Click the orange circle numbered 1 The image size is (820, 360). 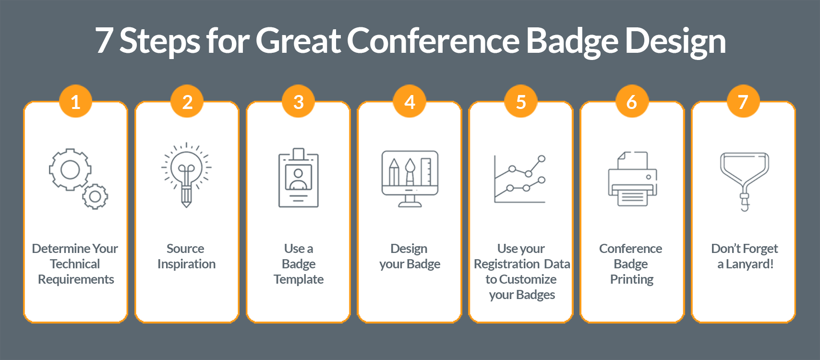coord(75,102)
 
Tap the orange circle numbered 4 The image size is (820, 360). coord(410,102)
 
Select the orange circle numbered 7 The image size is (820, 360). coord(743,102)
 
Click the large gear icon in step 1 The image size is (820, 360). coord(70,169)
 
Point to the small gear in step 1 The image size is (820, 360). coord(95,196)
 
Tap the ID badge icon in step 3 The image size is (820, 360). coord(299,178)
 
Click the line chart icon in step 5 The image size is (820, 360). coord(520,179)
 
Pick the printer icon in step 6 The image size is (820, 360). coord(632,179)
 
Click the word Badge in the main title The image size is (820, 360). coord(572,41)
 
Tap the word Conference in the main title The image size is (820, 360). coord(433,40)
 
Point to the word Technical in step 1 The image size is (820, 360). coord(75,264)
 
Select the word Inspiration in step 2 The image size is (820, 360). coord(186,264)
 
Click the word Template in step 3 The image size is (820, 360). coord(299,279)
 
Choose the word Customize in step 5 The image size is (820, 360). coord(528,279)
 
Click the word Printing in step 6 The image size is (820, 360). coord(631,279)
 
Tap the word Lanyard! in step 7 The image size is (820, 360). coord(749,264)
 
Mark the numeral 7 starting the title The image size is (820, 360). coord(104,41)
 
